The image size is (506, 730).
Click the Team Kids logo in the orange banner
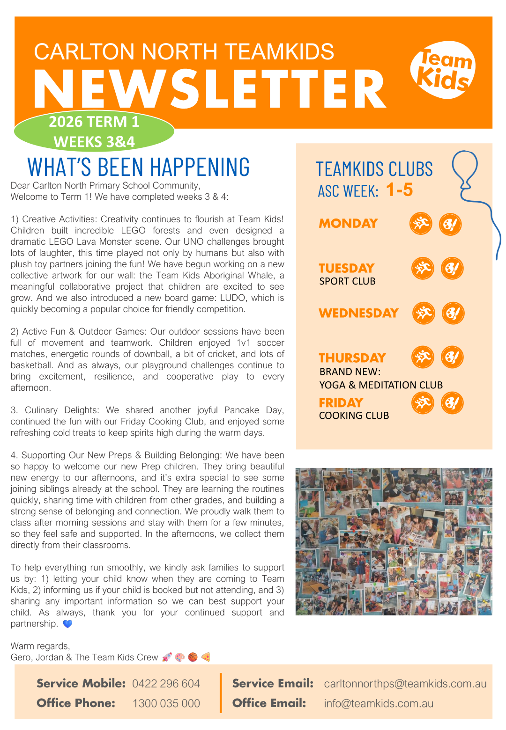[443, 70]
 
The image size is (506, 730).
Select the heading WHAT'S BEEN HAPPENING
[139, 167]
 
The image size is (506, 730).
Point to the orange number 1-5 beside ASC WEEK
[399, 190]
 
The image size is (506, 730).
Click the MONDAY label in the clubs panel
[348, 224]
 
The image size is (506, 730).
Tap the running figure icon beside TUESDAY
[423, 268]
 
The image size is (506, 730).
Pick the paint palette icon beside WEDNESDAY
[453, 313]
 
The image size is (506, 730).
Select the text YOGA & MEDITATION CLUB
[381, 385]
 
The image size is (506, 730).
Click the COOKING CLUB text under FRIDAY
[354, 416]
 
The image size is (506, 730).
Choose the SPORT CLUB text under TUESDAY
[347, 281]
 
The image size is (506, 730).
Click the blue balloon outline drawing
[465, 168]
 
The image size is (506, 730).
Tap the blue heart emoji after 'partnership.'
[67, 624]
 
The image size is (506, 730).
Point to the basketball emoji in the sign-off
[193, 657]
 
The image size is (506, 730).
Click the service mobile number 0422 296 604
[166, 684]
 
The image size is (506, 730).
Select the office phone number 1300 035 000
[166, 703]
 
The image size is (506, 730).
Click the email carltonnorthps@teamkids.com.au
[405, 684]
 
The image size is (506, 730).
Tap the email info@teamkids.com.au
[379, 703]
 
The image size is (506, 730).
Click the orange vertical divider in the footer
[220, 693]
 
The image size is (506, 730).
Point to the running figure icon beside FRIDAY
[423, 403]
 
